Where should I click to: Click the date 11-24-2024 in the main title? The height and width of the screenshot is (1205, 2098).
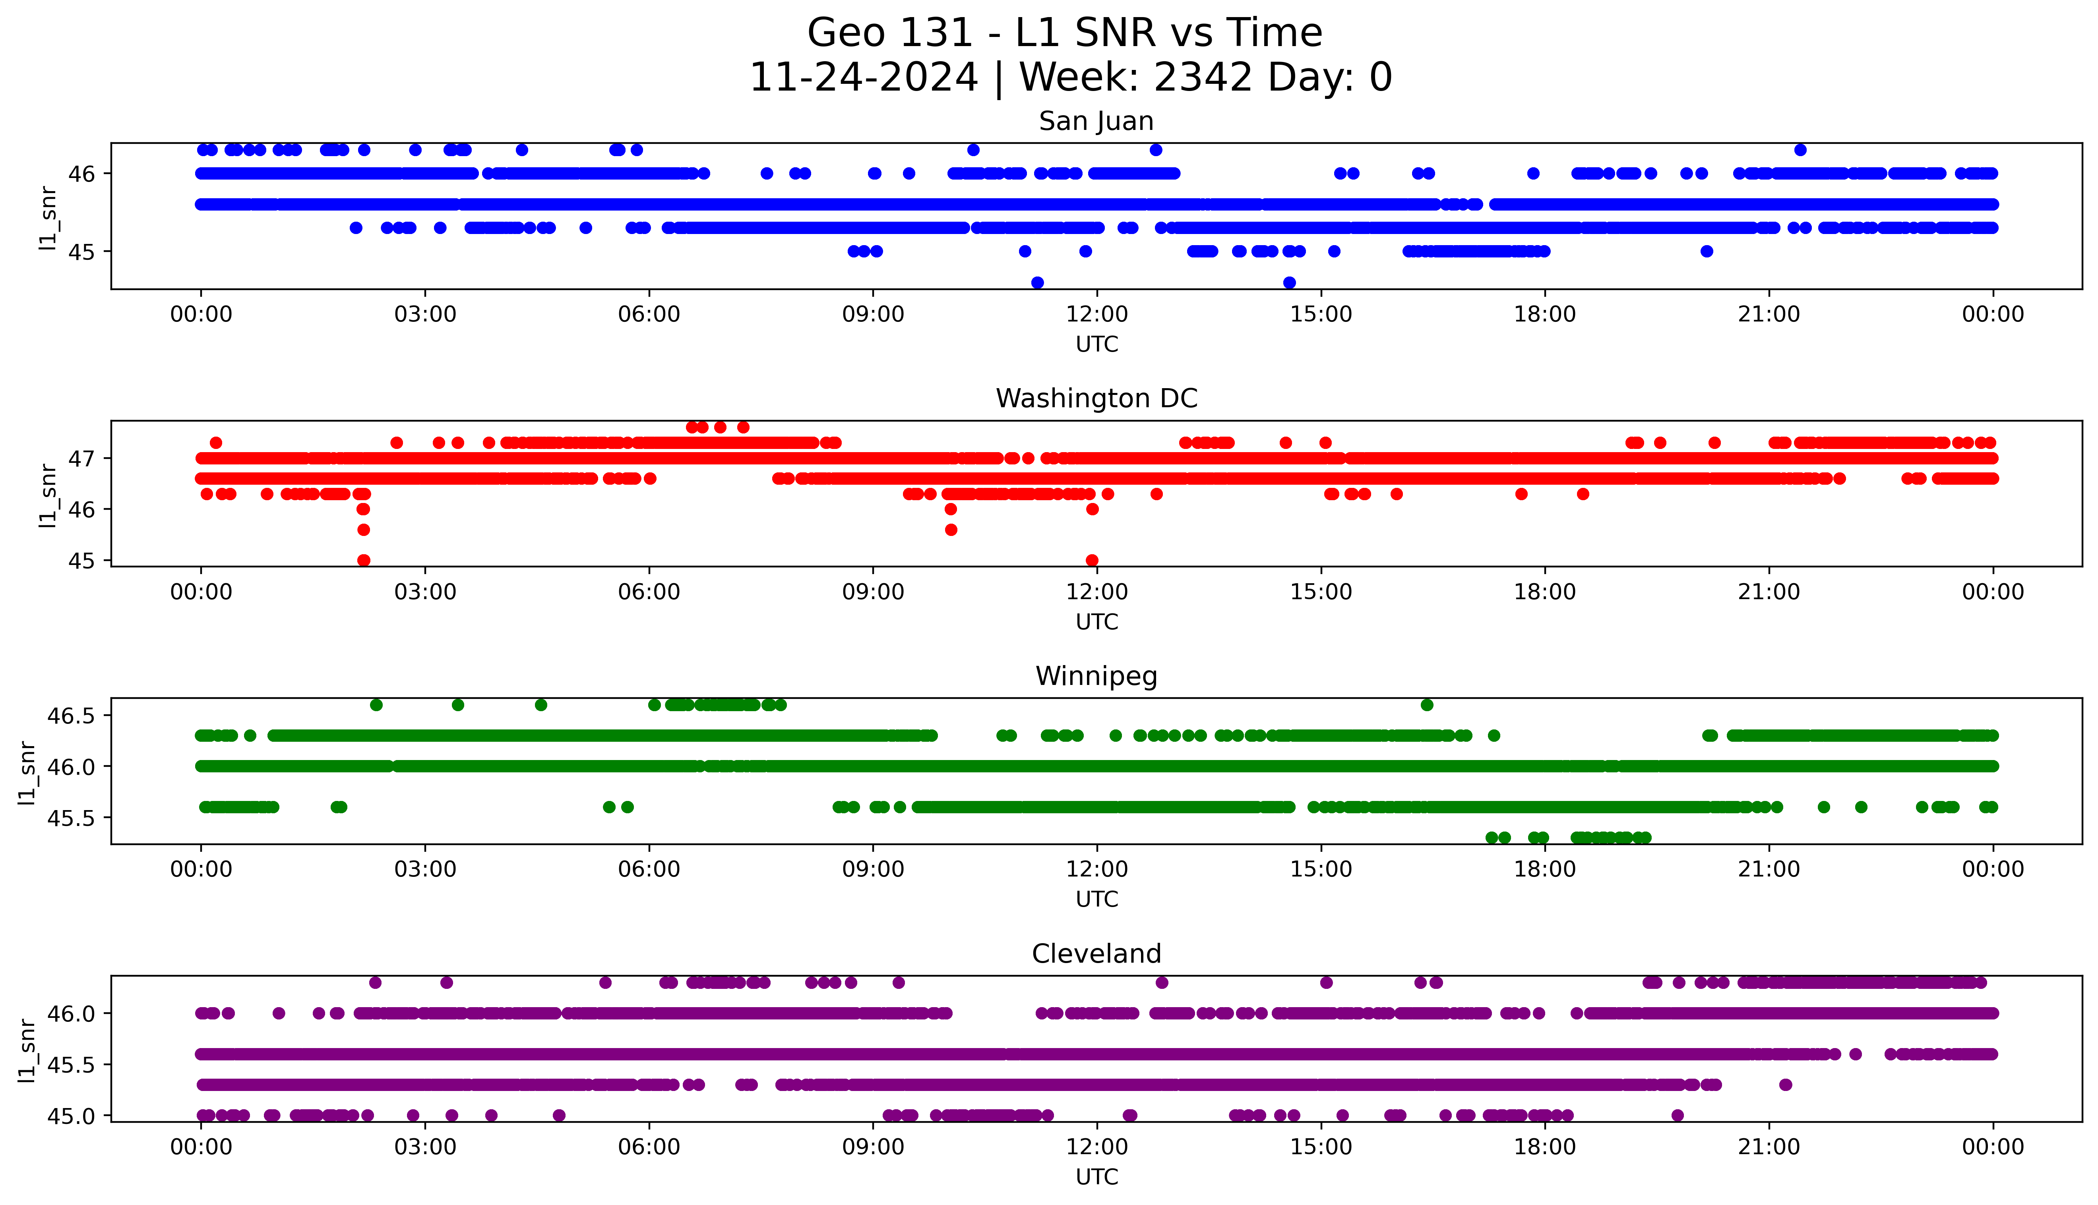click(x=863, y=78)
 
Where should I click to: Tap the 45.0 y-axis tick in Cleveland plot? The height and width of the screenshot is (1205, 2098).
click(x=72, y=1116)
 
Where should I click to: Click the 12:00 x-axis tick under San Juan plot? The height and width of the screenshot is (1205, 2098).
click(x=1096, y=315)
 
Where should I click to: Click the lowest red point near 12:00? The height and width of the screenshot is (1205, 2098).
click(x=1092, y=560)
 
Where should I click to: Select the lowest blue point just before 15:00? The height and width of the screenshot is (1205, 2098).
click(x=1288, y=282)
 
